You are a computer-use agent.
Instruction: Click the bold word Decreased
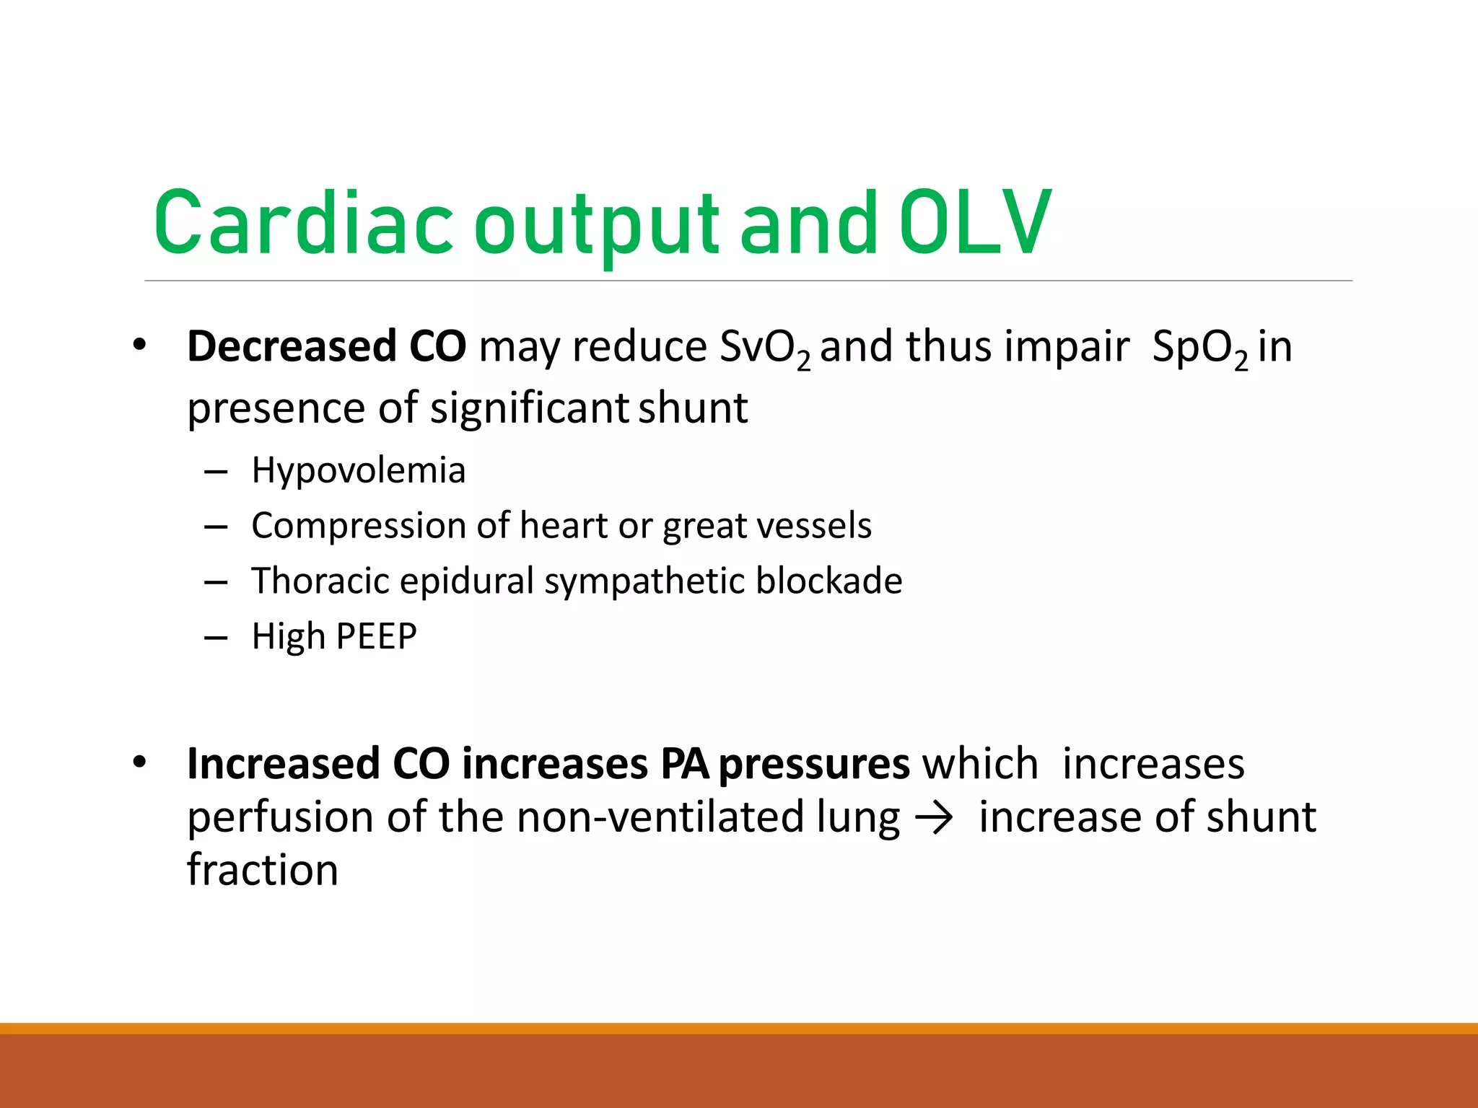[x=292, y=346]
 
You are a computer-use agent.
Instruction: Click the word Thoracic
[x=320, y=581]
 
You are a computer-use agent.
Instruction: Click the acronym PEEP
[x=376, y=637]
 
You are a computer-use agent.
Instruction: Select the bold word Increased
[x=283, y=764]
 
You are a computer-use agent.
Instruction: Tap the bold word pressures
[x=814, y=765]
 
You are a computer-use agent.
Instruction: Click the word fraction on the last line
[x=263, y=870]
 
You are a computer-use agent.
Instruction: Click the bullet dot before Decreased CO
[x=140, y=346]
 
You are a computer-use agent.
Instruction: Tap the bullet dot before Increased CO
[x=140, y=762]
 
